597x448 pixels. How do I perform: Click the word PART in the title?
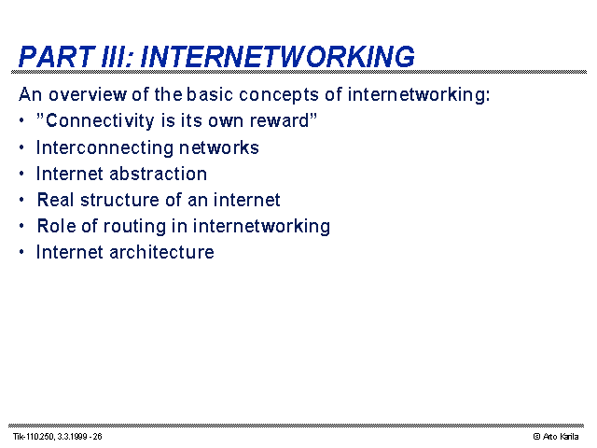tap(57, 57)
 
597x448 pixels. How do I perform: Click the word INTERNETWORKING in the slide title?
tap(277, 57)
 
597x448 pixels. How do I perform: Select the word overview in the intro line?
tap(87, 94)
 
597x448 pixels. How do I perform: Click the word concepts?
tap(279, 95)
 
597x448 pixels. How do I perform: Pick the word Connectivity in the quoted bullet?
tap(100, 120)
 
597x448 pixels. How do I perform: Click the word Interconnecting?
tap(104, 147)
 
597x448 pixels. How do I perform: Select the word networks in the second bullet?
tap(219, 147)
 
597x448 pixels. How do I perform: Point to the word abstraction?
tap(159, 174)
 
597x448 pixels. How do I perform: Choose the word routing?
tap(134, 227)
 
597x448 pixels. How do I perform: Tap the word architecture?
tap(161, 252)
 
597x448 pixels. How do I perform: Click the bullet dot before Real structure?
tap(21, 200)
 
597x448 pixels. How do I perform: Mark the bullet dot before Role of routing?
tap(21, 226)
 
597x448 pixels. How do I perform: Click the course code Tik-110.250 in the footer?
tap(34, 437)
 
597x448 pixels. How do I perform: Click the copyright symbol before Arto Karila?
tap(537, 437)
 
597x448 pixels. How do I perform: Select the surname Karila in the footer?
tap(570, 437)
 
